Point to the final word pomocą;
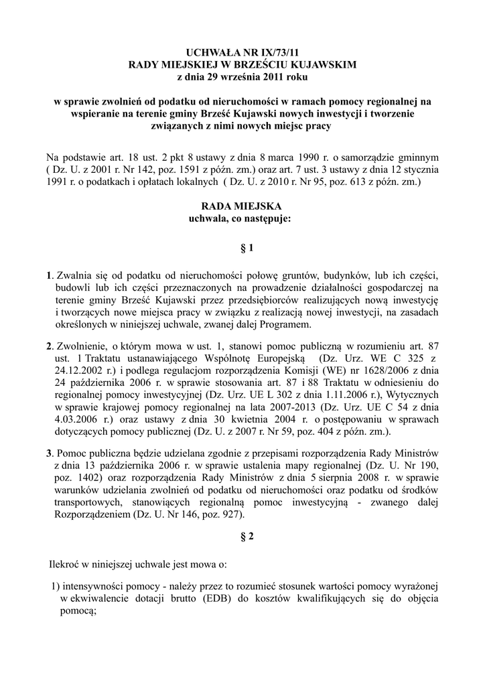tap(79, 610)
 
